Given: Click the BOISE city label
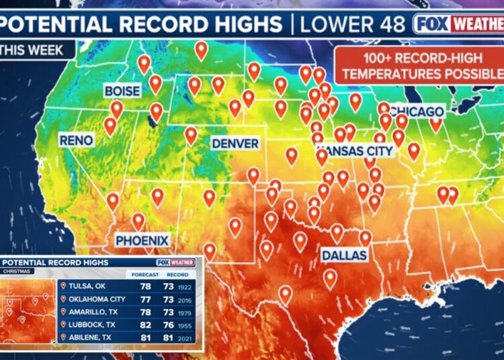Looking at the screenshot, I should point(122,91).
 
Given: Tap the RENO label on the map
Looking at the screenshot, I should point(75,140).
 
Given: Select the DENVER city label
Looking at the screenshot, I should point(235,144).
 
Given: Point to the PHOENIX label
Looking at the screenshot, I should point(142,240).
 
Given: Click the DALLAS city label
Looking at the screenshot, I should point(344,255).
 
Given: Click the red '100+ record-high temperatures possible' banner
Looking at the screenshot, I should point(419,65).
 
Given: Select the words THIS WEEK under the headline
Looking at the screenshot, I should point(32,50).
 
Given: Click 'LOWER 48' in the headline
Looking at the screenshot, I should point(352,25).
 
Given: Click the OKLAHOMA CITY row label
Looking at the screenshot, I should point(98,299).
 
